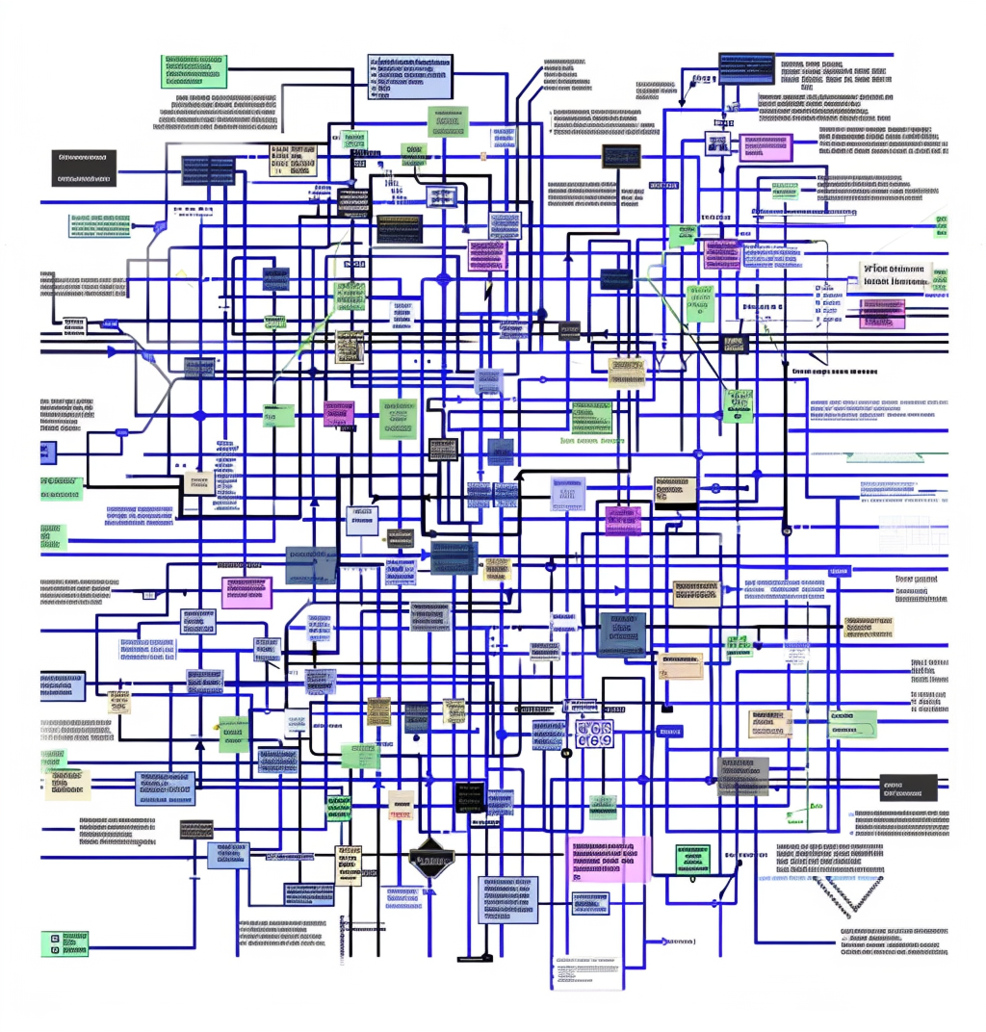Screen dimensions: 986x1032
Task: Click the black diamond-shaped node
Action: pyautogui.click(x=430, y=857)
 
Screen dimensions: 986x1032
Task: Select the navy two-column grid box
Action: pyautogui.click(x=208, y=170)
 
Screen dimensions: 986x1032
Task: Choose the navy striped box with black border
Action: pyautogui.click(x=745, y=68)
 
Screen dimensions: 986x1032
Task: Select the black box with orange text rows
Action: pyautogui.click(x=398, y=229)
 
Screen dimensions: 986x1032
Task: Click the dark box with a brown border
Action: pyautogui.click(x=621, y=156)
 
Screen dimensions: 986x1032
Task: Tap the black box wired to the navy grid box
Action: pyautogui.click(x=84, y=168)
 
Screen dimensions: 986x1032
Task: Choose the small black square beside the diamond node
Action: pyautogui.click(x=470, y=795)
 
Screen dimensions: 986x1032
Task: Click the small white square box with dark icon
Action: pyautogui.click(x=718, y=144)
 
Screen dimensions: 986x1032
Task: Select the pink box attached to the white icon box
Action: pyautogui.click(x=766, y=146)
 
